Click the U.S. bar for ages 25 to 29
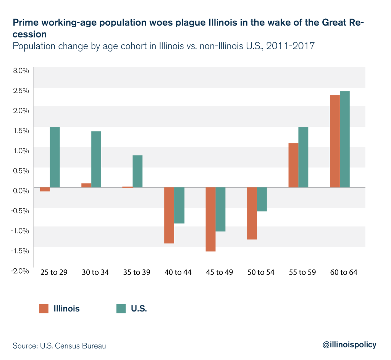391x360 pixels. click(x=55, y=157)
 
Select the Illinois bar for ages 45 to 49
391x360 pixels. click(x=210, y=219)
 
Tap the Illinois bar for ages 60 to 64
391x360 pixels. click(x=334, y=141)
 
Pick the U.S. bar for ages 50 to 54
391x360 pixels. click(x=262, y=199)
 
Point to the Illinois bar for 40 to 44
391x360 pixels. click(x=169, y=215)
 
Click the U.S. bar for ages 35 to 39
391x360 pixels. click(x=137, y=171)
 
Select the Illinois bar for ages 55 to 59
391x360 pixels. click(x=293, y=165)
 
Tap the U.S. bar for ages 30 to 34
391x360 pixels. click(x=96, y=159)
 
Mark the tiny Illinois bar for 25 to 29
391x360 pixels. click(x=45, y=189)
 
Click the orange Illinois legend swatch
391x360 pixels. click(x=44, y=309)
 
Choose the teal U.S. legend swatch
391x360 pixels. click(x=121, y=309)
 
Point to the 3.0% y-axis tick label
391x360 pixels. click(x=21, y=71)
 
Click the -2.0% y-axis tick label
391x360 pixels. click(x=20, y=271)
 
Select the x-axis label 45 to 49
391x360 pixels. click(x=220, y=272)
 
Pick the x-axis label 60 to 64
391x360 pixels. click(x=344, y=272)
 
